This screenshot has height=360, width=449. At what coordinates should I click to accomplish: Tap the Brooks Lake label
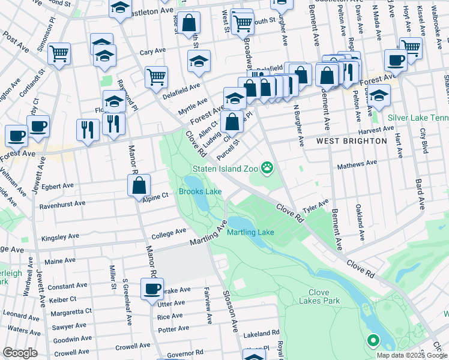(x=200, y=192)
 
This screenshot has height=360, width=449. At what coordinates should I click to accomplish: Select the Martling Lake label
(x=250, y=232)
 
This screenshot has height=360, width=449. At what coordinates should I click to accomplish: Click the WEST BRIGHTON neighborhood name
(x=352, y=141)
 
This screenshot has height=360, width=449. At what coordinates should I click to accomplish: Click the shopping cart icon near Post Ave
(x=59, y=54)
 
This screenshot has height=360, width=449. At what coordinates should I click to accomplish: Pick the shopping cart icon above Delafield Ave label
(x=156, y=76)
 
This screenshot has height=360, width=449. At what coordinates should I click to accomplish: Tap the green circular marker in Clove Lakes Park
(x=373, y=341)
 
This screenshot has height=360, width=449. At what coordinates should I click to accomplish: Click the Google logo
(x=20, y=353)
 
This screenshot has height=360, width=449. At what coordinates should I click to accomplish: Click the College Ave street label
(x=169, y=233)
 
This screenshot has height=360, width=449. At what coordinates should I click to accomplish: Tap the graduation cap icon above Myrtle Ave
(x=199, y=61)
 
